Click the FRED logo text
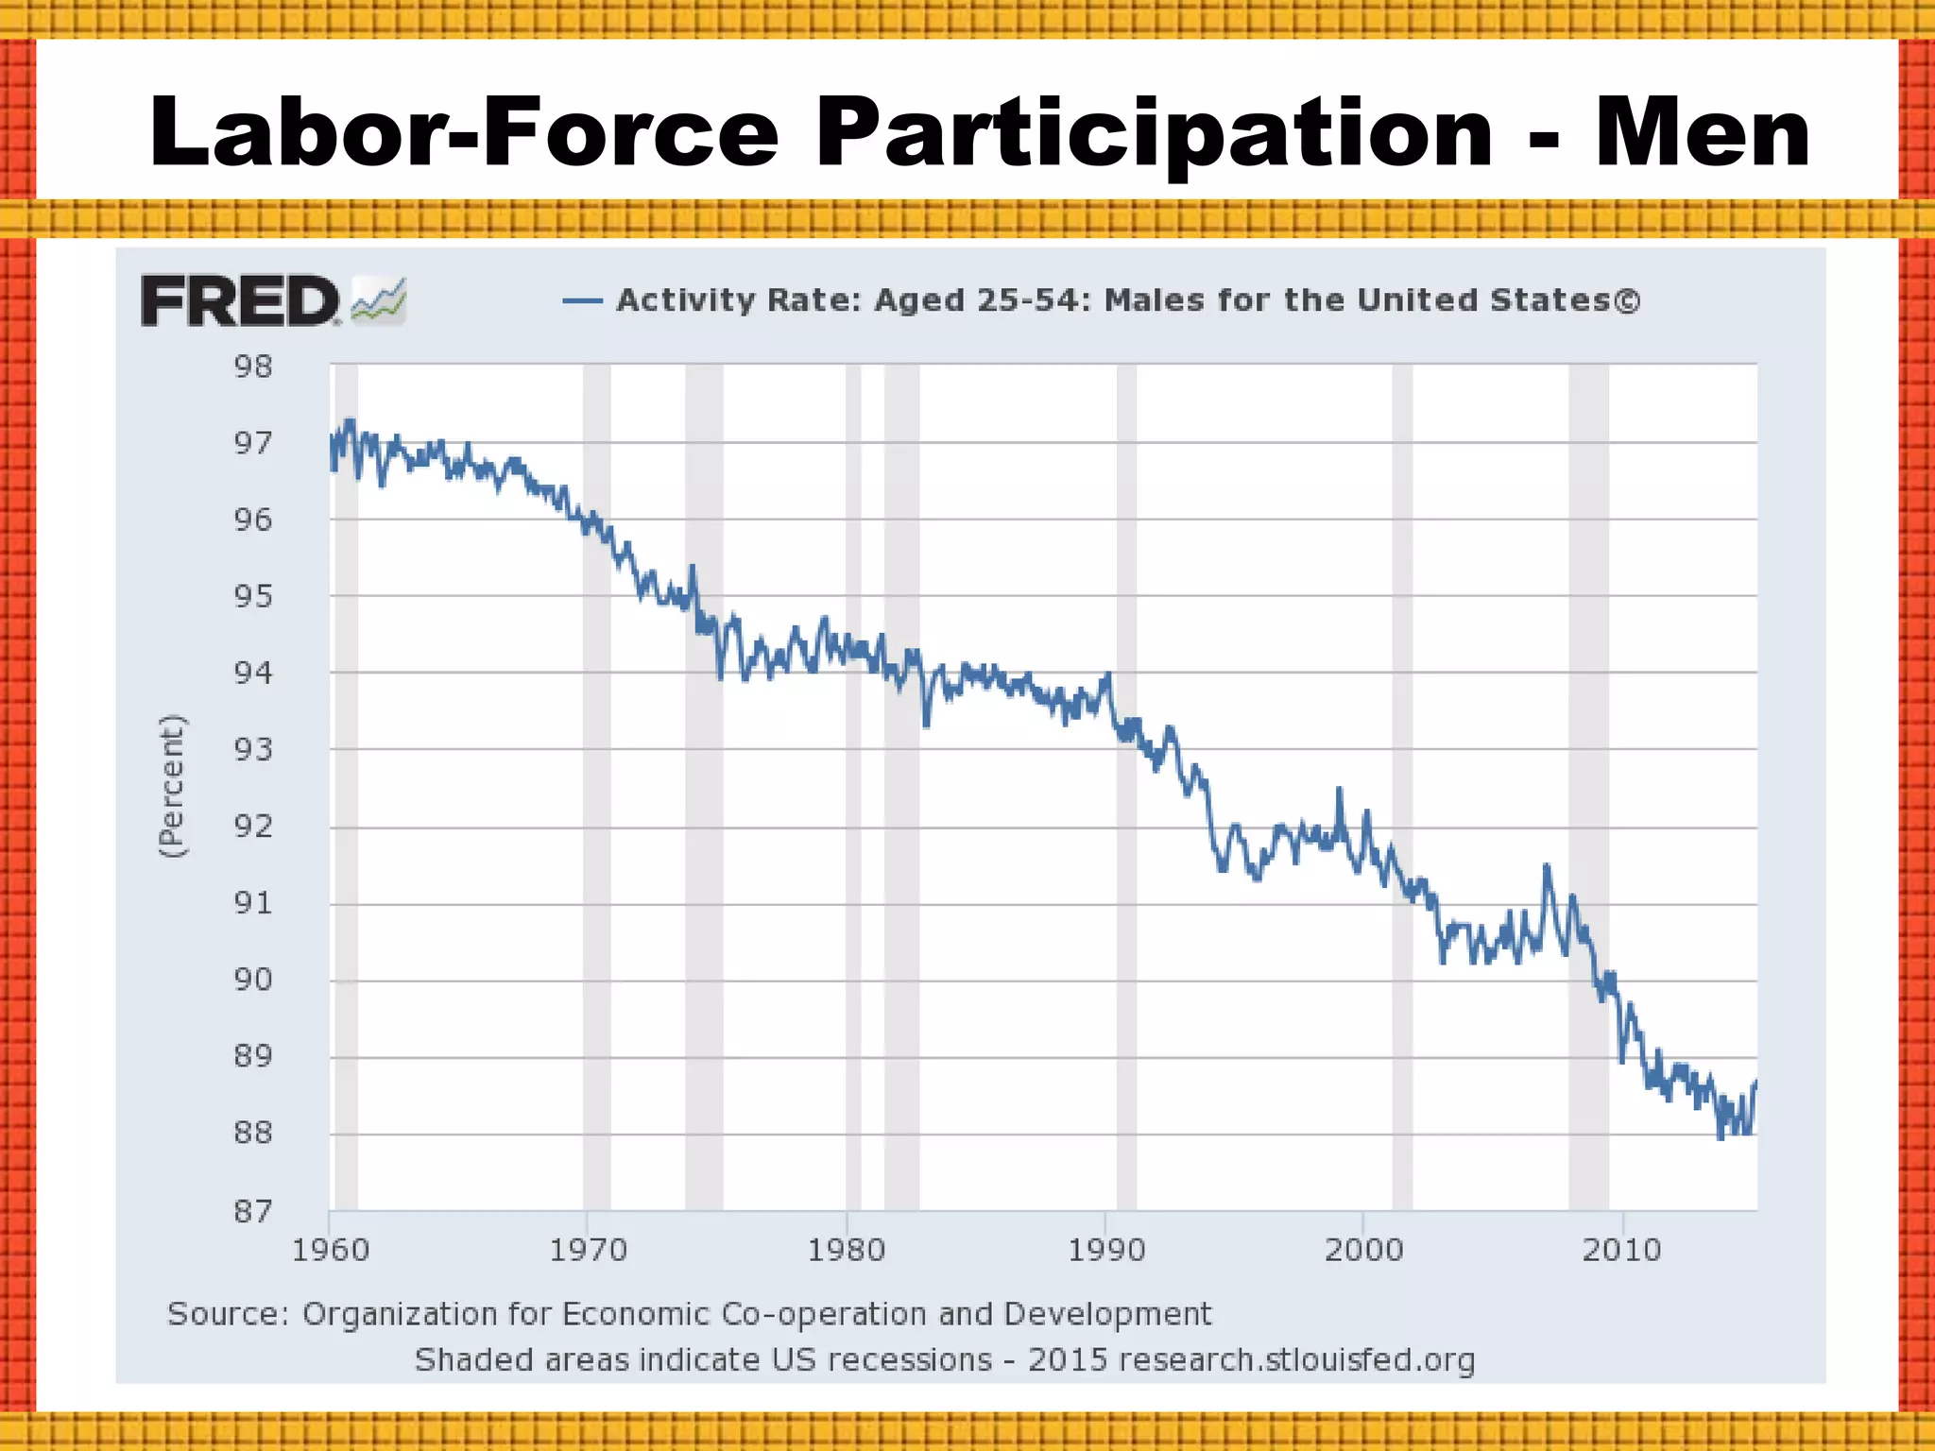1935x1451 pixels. tap(239, 301)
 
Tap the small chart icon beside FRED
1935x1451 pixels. tap(379, 300)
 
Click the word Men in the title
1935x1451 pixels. tap(1703, 133)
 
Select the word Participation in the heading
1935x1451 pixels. tap(1154, 133)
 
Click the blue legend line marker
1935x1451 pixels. tap(582, 301)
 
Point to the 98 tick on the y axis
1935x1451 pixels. tap(253, 367)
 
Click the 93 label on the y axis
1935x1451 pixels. tap(253, 750)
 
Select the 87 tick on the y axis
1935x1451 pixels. tap(253, 1211)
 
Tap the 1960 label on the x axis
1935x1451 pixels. tap(330, 1251)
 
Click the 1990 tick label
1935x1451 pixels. tap(1105, 1251)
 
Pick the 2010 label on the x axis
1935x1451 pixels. tap(1621, 1251)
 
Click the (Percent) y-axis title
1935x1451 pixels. tap(172, 786)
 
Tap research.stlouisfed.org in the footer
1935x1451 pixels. tap(1296, 1360)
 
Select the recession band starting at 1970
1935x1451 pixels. tap(596, 756)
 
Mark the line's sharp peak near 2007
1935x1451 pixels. tap(1546, 865)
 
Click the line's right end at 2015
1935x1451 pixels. tap(1755, 1082)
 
